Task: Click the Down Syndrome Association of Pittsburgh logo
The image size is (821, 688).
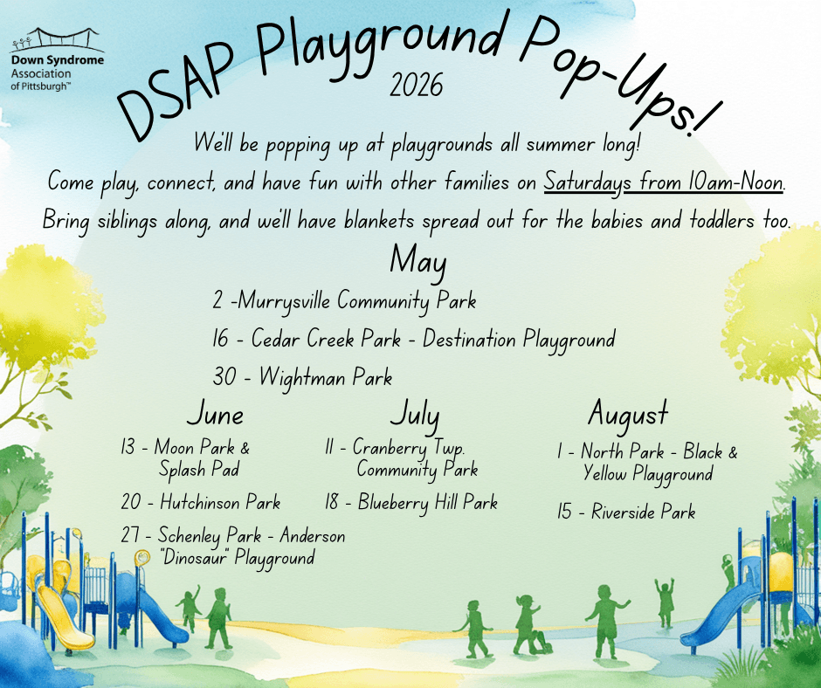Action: pyautogui.click(x=57, y=59)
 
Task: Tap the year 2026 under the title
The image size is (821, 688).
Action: pyautogui.click(x=417, y=86)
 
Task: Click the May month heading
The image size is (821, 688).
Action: pyautogui.click(x=417, y=261)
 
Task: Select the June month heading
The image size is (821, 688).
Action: pyautogui.click(x=215, y=414)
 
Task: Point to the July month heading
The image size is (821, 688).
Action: pyautogui.click(x=415, y=415)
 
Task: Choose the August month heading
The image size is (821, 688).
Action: pyautogui.click(x=628, y=415)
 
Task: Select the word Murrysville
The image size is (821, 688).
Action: pyautogui.click(x=285, y=301)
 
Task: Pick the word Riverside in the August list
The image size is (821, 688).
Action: pyautogui.click(x=623, y=512)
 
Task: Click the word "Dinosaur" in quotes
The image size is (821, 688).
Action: pyautogui.click(x=196, y=557)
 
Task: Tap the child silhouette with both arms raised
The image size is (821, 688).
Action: pyautogui.click(x=665, y=602)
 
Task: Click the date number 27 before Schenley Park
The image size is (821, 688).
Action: pyautogui.click(x=130, y=535)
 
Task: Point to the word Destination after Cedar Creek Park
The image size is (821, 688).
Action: pyautogui.click(x=469, y=339)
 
